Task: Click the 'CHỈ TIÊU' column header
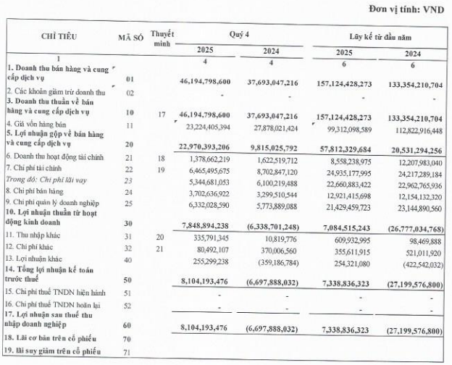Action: [59, 35]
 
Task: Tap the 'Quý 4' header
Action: [239, 33]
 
